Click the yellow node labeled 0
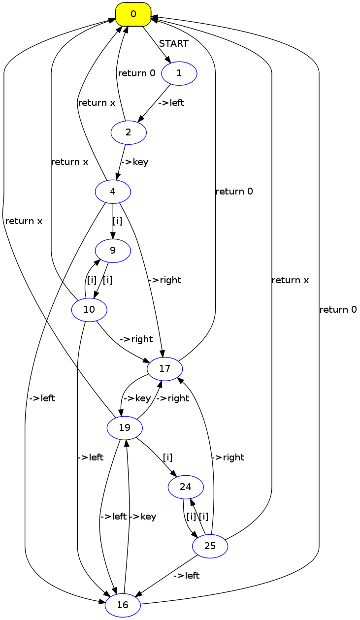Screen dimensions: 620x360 [133, 14]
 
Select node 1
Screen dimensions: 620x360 [179, 73]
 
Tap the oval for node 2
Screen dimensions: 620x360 [129, 132]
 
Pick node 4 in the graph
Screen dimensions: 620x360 [113, 192]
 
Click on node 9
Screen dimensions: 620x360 [113, 251]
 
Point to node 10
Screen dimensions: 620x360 [89, 310]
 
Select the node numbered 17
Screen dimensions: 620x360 [165, 369]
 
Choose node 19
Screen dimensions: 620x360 [125, 428]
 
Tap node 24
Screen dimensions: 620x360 [186, 487]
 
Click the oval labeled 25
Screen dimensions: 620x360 [210, 546]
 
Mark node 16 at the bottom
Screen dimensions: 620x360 [123, 605]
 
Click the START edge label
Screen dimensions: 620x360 [173, 44]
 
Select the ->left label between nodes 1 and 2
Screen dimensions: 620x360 [171, 103]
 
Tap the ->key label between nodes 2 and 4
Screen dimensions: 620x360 [134, 162]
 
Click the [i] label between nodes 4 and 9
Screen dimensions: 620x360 [117, 221]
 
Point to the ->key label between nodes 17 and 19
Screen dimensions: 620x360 [137, 398]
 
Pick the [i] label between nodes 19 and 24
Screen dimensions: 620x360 [167, 457]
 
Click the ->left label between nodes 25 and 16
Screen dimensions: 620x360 [187, 576]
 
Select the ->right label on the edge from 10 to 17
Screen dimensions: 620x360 [136, 339]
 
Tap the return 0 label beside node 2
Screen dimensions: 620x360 [136, 73]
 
